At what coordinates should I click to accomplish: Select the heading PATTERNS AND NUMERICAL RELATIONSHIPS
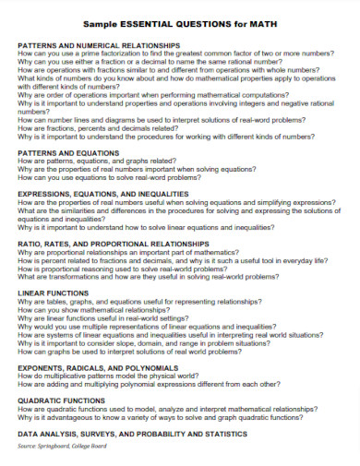(98, 44)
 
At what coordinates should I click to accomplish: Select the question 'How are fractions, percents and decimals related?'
(97, 128)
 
